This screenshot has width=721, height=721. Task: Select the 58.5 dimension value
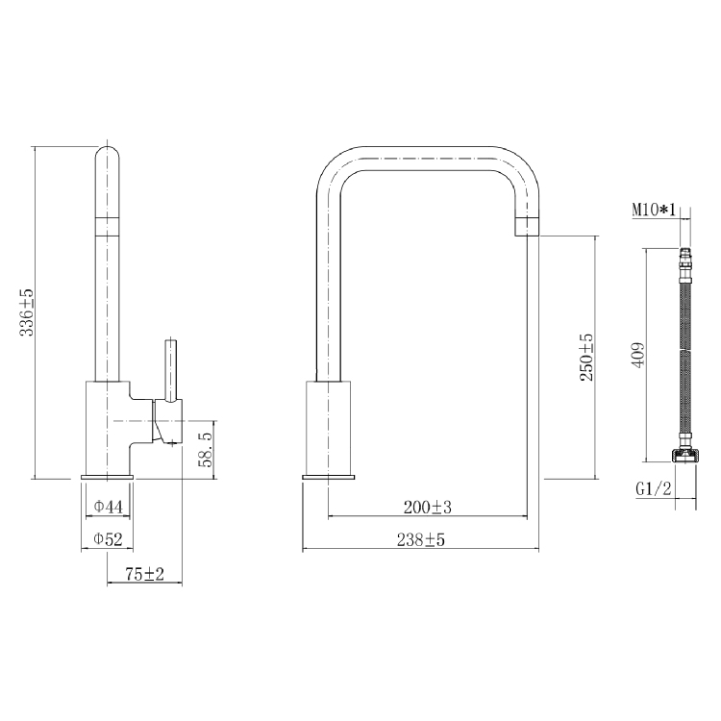(x=204, y=449)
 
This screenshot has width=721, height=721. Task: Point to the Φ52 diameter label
(x=108, y=540)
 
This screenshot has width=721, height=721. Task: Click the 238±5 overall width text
(x=421, y=540)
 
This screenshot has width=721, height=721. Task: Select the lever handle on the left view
(x=171, y=370)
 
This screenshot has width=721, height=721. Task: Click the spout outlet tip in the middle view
(x=528, y=227)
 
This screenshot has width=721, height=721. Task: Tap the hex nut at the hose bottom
(x=684, y=456)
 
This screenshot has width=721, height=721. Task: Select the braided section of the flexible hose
(x=684, y=356)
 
